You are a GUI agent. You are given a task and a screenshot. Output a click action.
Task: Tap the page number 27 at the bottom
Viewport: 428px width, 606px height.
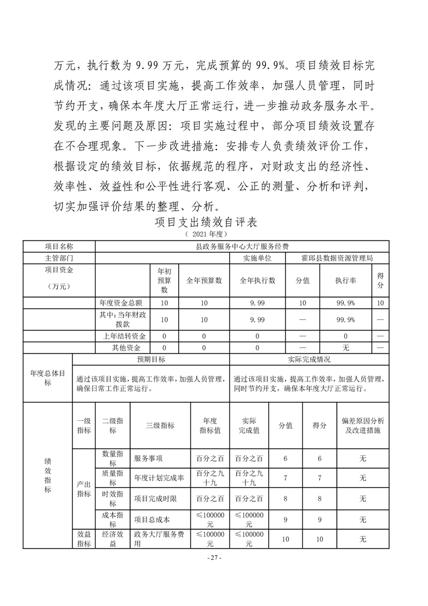(x=215, y=557)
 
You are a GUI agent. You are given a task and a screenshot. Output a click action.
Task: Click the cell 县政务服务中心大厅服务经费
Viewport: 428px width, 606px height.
(x=242, y=246)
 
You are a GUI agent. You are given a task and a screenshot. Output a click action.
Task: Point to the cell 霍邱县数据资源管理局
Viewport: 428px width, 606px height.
(x=337, y=258)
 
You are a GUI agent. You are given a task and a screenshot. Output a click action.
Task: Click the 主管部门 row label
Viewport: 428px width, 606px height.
(x=59, y=258)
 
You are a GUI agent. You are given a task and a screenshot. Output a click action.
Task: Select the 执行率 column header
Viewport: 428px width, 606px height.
(x=345, y=280)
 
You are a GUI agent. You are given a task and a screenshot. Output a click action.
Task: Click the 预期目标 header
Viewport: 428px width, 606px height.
(x=151, y=359)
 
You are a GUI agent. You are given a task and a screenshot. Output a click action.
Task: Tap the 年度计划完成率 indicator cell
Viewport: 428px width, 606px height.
(x=160, y=478)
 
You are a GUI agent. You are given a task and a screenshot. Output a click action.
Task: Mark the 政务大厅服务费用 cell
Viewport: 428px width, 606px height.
(x=160, y=539)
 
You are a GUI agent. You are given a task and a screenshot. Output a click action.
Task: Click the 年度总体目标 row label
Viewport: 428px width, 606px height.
(x=47, y=378)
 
